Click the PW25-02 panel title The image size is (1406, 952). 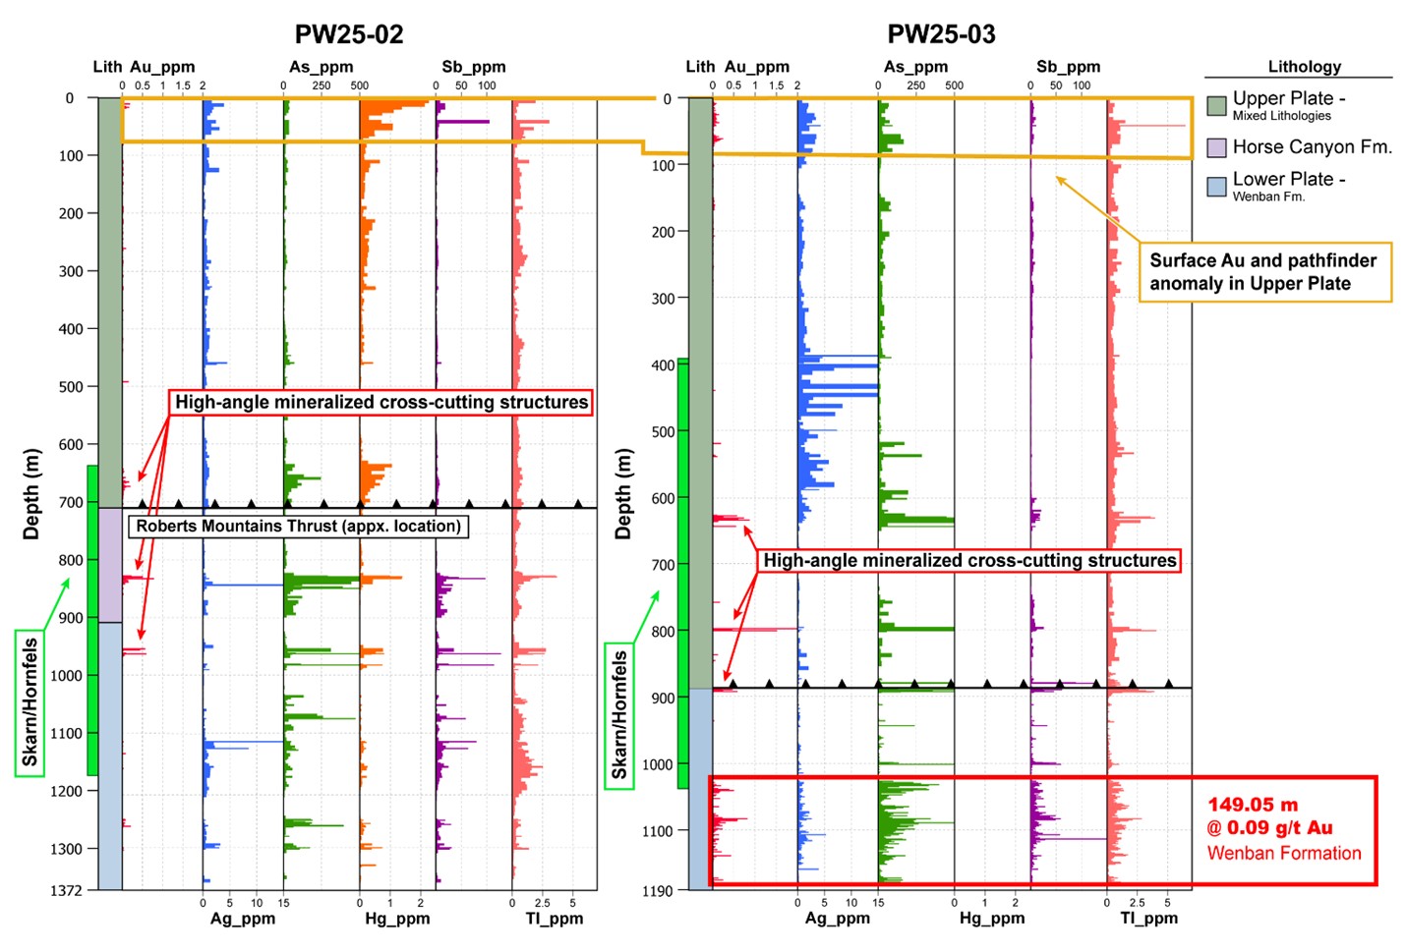tap(349, 34)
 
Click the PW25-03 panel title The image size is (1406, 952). tap(941, 34)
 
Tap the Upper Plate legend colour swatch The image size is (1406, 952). tap(1216, 105)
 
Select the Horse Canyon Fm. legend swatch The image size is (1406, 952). tap(1216, 147)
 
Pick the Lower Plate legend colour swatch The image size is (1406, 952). tap(1216, 187)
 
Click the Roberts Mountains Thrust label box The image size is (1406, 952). tap(298, 527)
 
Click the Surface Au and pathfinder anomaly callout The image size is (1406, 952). tap(1264, 272)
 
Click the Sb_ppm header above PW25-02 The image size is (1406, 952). tap(473, 67)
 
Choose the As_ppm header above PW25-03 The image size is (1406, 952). tap(915, 67)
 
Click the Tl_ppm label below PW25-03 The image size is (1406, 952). tap(1148, 919)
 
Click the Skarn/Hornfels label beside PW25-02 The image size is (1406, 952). tap(29, 702)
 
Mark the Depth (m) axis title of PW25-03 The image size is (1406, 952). tap(622, 494)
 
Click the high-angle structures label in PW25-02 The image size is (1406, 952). tap(381, 402)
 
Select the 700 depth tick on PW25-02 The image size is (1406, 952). tap(71, 502)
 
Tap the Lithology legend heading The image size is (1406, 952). tap(1304, 67)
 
